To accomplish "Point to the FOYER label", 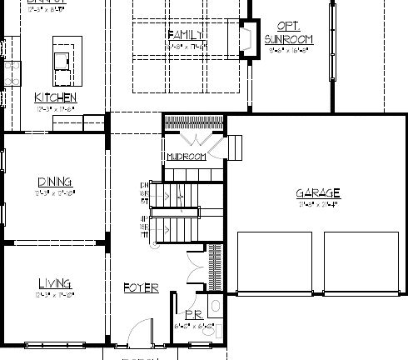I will [141, 287].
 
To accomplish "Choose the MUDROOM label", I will [185, 156].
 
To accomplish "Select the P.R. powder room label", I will [192, 316].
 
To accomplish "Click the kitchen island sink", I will [62, 59].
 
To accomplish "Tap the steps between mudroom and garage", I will [234, 147].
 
